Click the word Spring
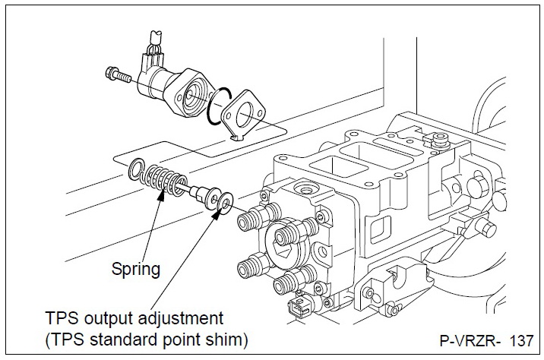[136, 268]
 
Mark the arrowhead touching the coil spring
[162, 195]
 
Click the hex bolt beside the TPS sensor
[119, 75]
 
